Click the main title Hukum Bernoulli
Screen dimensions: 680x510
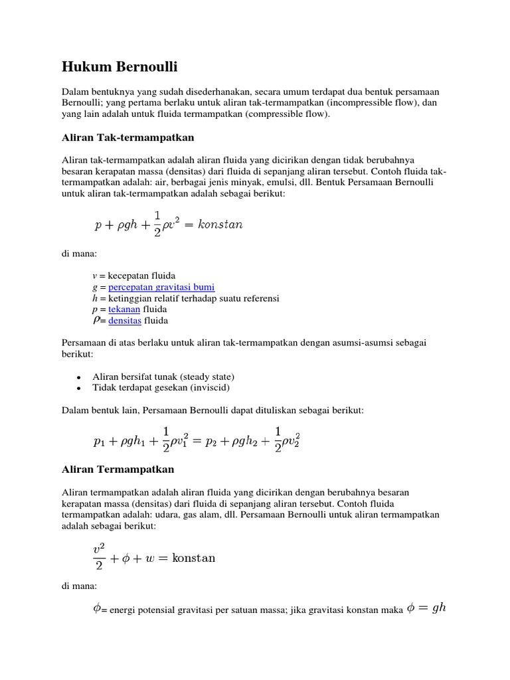(120, 67)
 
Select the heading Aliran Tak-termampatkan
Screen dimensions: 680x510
(127, 137)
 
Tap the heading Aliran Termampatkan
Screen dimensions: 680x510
(118, 469)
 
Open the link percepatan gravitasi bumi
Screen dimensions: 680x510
(161, 287)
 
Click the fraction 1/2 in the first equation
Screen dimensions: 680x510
(157, 224)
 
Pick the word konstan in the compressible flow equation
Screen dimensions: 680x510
(194, 558)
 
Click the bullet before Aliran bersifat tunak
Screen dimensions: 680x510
(78, 377)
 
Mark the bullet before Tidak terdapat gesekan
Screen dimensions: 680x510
(78, 388)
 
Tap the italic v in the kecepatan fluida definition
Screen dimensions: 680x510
(94, 276)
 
